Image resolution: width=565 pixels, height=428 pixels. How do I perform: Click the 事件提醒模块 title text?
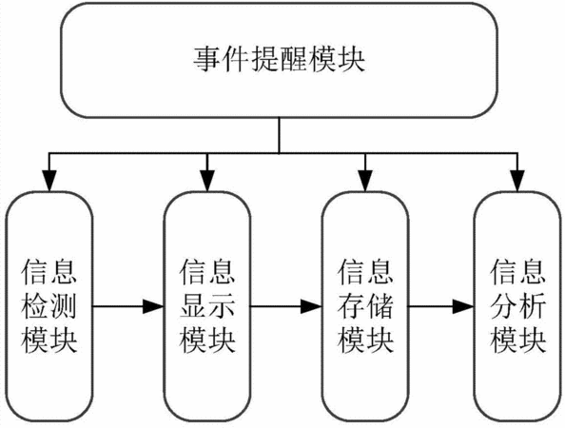pos(280,60)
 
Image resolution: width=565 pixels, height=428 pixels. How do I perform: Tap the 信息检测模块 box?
pos(49,306)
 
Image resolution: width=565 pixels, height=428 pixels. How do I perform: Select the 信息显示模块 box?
pos(207,306)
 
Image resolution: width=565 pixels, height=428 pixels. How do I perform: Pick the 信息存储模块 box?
pos(365,306)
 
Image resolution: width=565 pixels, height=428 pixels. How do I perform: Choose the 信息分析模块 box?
pos(517,306)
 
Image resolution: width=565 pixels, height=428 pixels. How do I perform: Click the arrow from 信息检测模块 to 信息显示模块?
pos(128,306)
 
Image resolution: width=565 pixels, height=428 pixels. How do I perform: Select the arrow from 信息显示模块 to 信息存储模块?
pos(286,306)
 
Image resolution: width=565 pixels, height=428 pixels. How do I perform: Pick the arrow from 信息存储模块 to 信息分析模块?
pos(441,306)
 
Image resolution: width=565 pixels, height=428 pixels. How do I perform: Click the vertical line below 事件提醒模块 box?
pos(280,135)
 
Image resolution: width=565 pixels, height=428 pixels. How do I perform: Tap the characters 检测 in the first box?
pos(49,306)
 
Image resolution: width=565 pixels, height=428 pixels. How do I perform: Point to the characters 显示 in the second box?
pos(207,306)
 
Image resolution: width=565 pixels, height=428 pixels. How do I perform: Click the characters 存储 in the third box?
pos(365,306)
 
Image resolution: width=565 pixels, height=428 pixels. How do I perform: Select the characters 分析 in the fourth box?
pos(517,306)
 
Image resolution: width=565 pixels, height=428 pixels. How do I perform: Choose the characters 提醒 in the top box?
pos(280,60)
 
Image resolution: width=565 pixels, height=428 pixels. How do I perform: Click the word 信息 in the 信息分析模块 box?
pos(517,271)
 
